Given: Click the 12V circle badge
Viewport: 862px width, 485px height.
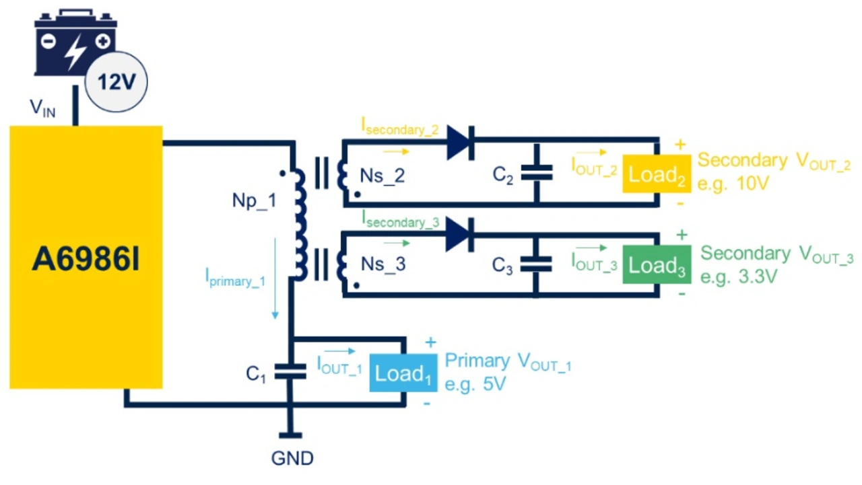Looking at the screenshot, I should [x=117, y=83].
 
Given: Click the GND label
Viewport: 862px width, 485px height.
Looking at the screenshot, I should [x=292, y=459].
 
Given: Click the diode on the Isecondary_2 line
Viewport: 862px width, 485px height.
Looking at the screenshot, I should [x=461, y=142].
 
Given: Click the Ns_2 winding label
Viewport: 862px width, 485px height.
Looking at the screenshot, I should [x=383, y=176].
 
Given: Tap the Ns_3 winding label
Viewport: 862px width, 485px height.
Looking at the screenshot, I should [x=383, y=264].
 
